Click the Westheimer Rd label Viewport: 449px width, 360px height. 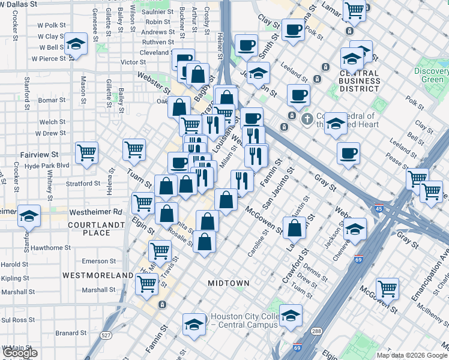pos(95,212)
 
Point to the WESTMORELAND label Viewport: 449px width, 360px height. pos(98,275)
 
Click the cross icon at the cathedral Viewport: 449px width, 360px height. pos(307,118)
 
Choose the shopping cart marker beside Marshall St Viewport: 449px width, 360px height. pos(146,284)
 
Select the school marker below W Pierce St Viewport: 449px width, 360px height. pos(76,44)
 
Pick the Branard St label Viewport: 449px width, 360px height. pos(71,332)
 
